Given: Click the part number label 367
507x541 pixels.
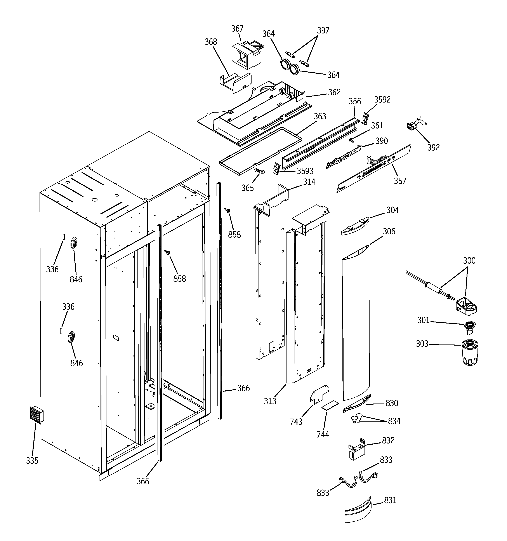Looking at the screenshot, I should tap(237, 29).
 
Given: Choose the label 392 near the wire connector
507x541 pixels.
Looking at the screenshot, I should tap(433, 147).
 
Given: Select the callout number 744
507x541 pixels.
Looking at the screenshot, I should tap(323, 434).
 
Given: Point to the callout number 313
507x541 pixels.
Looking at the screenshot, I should tap(270, 401).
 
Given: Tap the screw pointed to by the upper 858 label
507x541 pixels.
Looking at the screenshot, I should tap(227, 210).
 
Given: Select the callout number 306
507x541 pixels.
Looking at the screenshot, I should tap(389, 231).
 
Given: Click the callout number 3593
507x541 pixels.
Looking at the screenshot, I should tap(305, 171).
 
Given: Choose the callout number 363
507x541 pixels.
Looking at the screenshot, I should tap(320, 116).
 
